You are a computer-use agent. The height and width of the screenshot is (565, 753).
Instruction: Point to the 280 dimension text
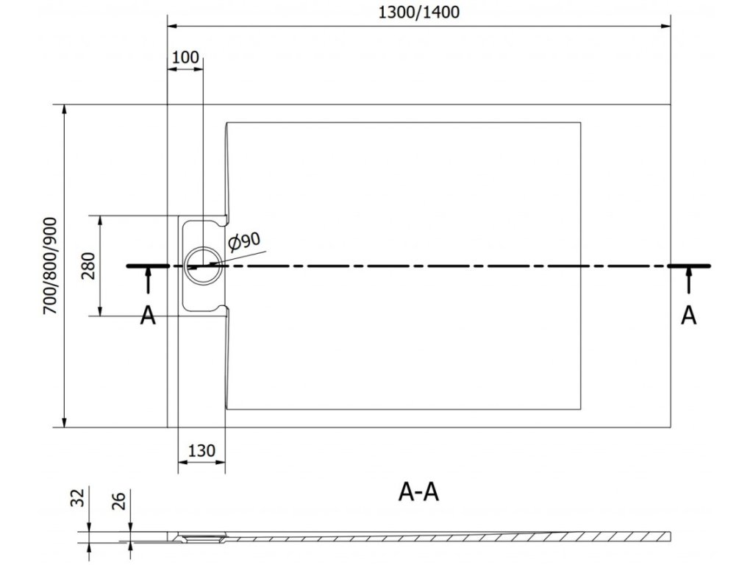(88, 266)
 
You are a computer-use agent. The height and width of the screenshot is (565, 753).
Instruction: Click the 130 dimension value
(201, 451)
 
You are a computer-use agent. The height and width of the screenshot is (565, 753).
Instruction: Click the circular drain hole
(201, 265)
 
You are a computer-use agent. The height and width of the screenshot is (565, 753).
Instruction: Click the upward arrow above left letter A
(149, 282)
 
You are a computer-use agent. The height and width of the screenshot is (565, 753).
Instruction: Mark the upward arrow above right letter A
(688, 282)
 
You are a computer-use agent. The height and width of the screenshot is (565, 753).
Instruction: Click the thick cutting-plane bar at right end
(689, 265)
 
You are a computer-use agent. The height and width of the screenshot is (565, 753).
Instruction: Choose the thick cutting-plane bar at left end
(149, 265)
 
